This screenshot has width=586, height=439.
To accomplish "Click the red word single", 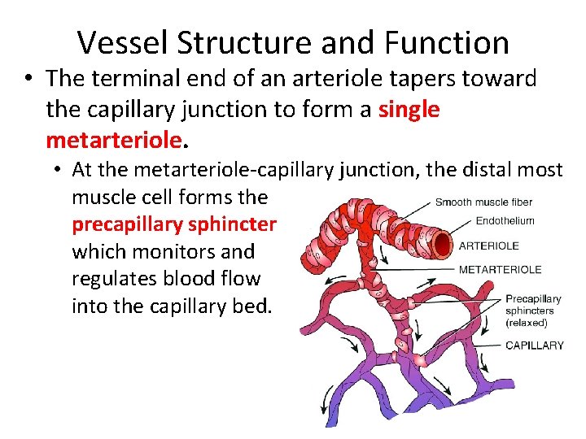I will click(409, 109).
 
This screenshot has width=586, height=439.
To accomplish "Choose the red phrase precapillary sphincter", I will click(174, 224).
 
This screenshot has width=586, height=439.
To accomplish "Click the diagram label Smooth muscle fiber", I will click(483, 202).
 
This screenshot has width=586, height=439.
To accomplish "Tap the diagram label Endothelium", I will click(505, 220).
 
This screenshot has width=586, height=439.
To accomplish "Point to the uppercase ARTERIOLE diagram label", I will click(488, 246).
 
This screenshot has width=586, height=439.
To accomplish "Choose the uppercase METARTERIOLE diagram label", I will click(500, 269).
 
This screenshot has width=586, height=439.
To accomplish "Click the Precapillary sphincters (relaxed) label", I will click(533, 311).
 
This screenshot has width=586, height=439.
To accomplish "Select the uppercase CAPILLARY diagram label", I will click(535, 345).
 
